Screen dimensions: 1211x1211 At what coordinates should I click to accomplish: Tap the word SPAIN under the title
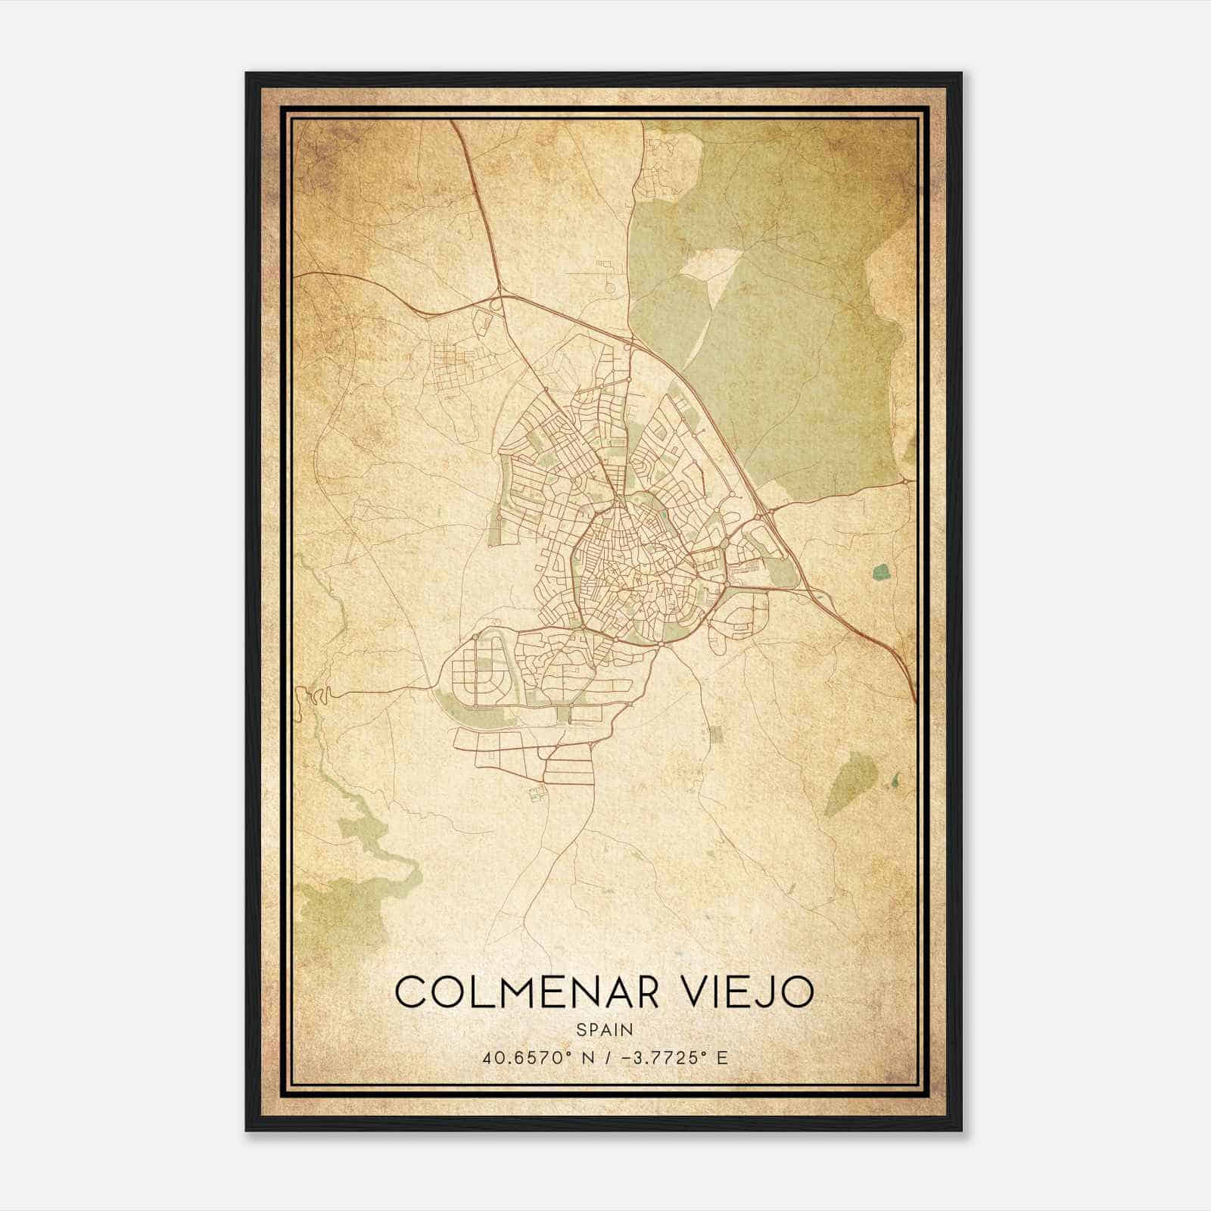[604, 1029]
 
